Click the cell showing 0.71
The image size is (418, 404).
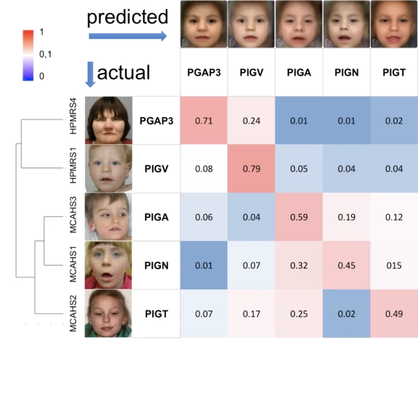[204, 121]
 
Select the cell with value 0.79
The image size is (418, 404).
[251, 169]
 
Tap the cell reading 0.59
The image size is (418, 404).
[299, 217]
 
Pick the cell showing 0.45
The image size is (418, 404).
[346, 265]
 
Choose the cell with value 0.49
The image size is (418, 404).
[394, 313]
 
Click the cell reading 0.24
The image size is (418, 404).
[251, 121]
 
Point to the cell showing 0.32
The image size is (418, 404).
[299, 265]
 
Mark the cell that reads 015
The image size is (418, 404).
[394, 265]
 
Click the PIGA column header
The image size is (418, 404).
[299, 73]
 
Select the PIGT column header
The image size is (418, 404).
[394, 73]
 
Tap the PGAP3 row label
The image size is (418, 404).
[156, 121]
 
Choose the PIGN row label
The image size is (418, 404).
[156, 265]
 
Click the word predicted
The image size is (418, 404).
[127, 17]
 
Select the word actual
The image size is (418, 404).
[123, 72]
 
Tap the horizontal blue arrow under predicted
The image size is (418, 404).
[127, 36]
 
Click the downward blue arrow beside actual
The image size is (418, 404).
[89, 74]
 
